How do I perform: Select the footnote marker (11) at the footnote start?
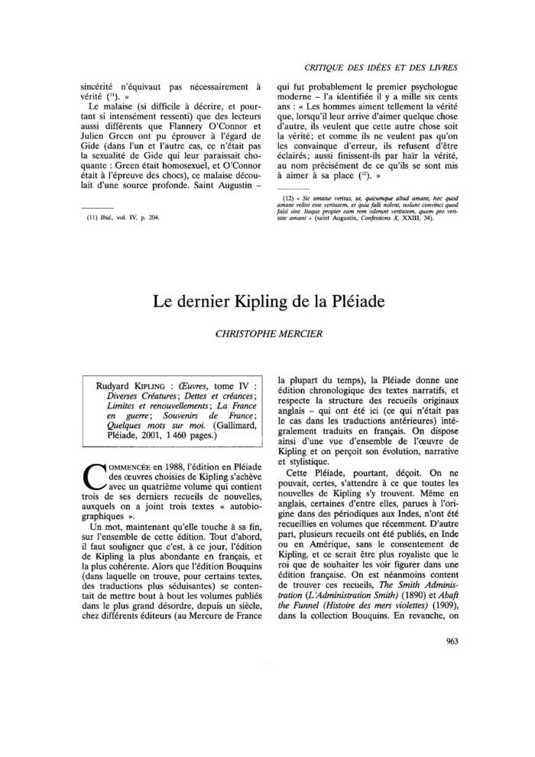[91, 217]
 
